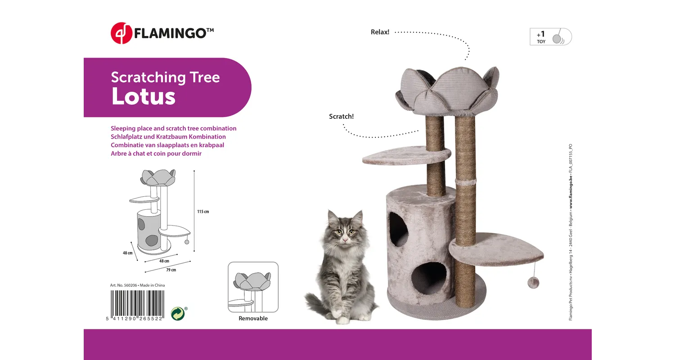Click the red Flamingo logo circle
tap(121, 33)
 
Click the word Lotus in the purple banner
tap(144, 96)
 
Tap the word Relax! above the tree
tap(380, 32)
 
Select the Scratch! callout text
tap(341, 116)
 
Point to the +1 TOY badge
tap(550, 37)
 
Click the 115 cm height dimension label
tap(203, 211)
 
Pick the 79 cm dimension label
tap(171, 270)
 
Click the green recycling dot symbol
tap(178, 314)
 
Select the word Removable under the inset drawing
tap(253, 319)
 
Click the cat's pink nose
tap(345, 239)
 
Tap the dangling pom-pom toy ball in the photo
tap(533, 283)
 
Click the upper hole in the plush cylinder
tap(398, 229)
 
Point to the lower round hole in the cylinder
tap(429, 278)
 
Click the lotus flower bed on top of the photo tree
tap(447, 91)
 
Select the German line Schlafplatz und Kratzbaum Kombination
tap(168, 137)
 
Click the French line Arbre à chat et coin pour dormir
tap(156, 153)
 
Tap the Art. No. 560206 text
tap(124, 285)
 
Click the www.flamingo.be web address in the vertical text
tap(571, 192)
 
